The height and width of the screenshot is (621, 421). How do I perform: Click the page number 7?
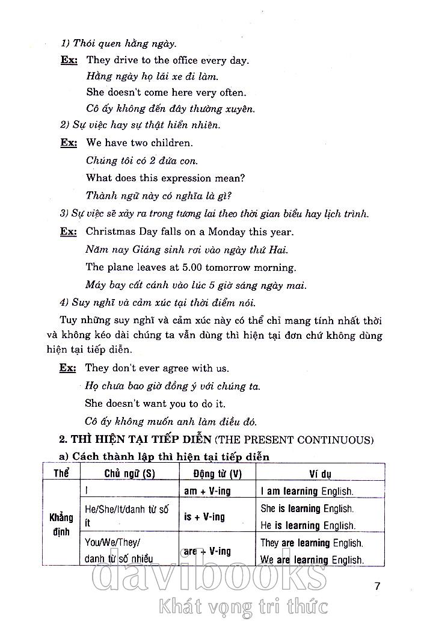(377, 585)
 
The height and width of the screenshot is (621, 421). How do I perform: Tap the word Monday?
(227, 232)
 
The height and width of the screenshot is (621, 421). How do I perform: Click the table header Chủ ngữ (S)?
(129, 474)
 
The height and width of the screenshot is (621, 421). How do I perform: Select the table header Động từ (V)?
(217, 474)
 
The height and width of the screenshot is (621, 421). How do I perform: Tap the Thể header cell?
(61, 474)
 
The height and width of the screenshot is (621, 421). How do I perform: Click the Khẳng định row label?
(61, 524)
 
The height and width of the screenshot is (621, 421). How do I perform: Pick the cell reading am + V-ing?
(207, 491)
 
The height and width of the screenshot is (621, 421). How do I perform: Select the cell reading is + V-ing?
(204, 517)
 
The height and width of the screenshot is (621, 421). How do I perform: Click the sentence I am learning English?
(307, 491)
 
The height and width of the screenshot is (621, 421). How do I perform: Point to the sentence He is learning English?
(307, 525)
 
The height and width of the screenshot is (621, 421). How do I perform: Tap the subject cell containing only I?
(88, 490)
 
